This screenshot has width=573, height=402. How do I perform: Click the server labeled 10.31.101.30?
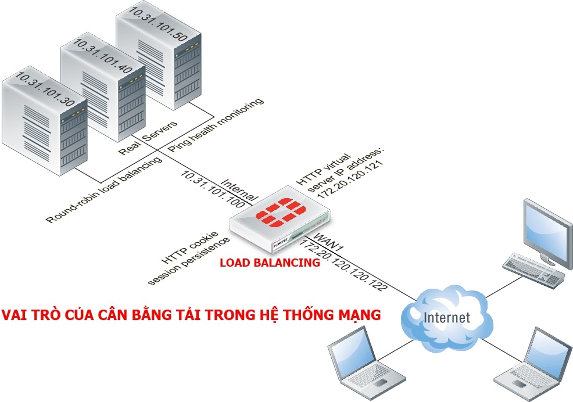pos(45,121)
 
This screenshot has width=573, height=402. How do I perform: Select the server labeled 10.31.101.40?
pos(103,88)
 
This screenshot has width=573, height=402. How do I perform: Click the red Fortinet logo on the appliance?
pos(280,211)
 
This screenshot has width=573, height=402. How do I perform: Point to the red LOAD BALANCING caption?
pos(270,263)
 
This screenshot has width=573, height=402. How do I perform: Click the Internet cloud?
pos(446,317)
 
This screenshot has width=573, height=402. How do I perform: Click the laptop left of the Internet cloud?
pos(366,361)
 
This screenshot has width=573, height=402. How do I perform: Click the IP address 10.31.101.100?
pos(213,189)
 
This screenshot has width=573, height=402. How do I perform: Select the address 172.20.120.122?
pos(343,264)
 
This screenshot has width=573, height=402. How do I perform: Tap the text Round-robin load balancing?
pos(104,189)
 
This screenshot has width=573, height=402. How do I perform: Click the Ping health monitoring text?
pos(215,125)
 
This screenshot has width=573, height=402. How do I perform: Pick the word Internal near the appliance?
pos(239,189)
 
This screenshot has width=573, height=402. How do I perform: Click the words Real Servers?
pos(148,138)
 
